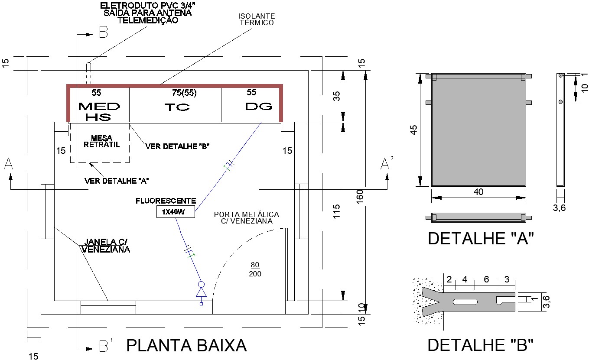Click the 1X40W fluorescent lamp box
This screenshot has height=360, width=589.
coord(176,211)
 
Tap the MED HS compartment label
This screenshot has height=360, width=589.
coord(99,111)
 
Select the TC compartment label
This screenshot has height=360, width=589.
coord(177,107)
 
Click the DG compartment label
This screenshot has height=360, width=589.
coord(259,107)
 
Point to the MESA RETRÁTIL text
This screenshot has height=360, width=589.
coord(101,141)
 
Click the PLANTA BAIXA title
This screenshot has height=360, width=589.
coord(186,345)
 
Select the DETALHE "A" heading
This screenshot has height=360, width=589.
coord(481,238)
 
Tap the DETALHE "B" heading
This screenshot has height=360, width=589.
coord(480,345)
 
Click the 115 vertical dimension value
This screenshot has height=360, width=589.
coord(336,211)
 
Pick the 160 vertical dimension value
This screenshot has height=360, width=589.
coord(360,197)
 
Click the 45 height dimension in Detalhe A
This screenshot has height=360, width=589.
coord(413,130)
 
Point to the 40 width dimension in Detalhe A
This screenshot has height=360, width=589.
coord(478,192)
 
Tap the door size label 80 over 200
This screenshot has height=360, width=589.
coord(255,269)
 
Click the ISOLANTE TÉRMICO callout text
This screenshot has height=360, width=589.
coord(257,19)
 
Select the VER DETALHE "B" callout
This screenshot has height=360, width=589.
coord(177,146)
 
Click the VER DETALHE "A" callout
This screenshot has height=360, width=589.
coord(117,181)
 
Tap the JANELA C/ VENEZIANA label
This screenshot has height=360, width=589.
coord(106,246)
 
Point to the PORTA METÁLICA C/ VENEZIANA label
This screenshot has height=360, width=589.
coord(246,218)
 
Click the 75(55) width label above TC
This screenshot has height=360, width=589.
coord(184,93)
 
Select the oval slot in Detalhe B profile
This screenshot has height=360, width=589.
coord(465,302)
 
